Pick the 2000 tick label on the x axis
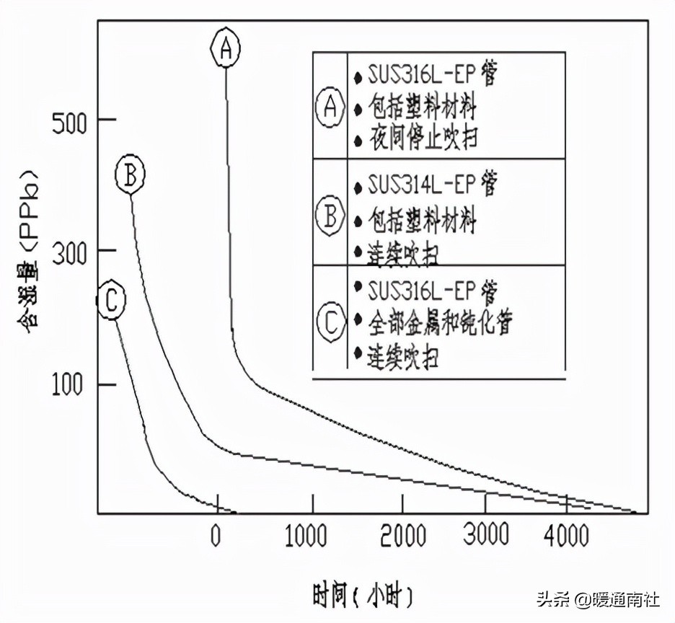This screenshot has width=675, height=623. tap(402, 536)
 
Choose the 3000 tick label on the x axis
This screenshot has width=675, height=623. tap(485, 536)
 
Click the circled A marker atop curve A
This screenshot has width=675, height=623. tap(225, 48)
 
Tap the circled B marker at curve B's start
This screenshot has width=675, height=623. tap(131, 175)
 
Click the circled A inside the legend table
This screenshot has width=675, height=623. tap(330, 107)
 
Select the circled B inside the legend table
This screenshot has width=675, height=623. tap(330, 216)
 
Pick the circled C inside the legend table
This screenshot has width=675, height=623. tap(330, 322)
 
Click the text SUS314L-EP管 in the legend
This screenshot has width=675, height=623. tap(431, 185)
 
